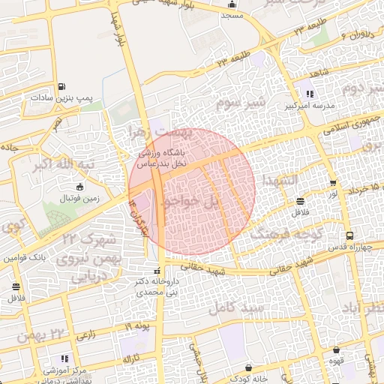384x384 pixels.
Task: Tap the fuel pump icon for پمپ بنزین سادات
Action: (61, 85)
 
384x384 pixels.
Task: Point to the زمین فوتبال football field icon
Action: (80, 186)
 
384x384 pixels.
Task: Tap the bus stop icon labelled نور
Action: (333, 183)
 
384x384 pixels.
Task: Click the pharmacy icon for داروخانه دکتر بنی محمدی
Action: (157, 271)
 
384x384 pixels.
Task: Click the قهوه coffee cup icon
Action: (335, 349)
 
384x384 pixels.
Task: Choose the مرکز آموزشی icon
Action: (64, 358)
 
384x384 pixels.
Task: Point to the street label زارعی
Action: (85, 333)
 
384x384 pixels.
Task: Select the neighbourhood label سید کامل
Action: (238, 307)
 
